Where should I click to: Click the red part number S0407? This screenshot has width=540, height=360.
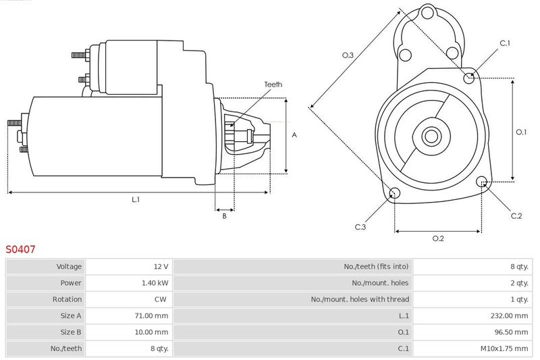click(20, 249)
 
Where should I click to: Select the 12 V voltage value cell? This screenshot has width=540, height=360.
click(161, 266)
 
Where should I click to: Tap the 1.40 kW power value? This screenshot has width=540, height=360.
click(155, 283)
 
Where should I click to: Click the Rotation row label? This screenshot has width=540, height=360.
click(67, 299)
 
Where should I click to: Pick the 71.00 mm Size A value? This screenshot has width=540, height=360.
click(151, 315)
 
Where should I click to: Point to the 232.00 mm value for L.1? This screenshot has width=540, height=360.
click(510, 315)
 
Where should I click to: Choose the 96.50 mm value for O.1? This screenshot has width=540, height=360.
click(512, 332)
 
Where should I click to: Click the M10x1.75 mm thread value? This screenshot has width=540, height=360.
click(504, 349)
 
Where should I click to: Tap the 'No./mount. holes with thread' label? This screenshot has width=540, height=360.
click(360, 299)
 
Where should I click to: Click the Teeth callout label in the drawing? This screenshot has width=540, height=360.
click(273, 84)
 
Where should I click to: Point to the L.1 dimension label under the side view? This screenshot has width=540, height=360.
click(136, 199)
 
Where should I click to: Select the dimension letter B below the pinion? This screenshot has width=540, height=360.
click(225, 216)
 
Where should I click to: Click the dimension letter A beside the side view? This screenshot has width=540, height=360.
click(294, 135)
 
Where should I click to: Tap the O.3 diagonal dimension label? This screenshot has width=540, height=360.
click(348, 55)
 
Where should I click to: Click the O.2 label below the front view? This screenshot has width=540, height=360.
click(438, 238)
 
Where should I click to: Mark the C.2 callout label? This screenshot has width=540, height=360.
click(516, 216)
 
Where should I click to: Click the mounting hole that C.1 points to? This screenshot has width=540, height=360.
click(468, 78)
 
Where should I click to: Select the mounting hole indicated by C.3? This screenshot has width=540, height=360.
click(394, 193)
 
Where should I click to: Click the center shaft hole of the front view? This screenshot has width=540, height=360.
click(431, 136)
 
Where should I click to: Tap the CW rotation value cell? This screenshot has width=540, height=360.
click(161, 299)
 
